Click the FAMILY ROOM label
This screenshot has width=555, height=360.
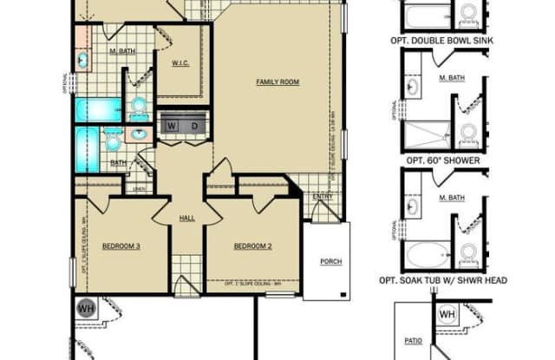point(277,82)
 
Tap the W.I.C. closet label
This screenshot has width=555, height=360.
point(180,62)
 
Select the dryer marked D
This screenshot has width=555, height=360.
point(194,126)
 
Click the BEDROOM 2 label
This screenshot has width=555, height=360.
point(252,246)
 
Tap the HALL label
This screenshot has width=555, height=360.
point(187,219)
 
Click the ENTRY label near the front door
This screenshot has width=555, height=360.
point(323,196)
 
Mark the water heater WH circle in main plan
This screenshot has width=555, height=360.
point(87,308)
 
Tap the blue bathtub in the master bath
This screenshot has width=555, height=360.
point(98,110)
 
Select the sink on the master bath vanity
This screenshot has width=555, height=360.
point(82,60)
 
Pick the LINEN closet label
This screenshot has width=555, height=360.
point(140,188)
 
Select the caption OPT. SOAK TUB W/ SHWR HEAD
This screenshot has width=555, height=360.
point(442,280)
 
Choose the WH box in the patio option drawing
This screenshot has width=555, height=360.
point(447,314)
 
